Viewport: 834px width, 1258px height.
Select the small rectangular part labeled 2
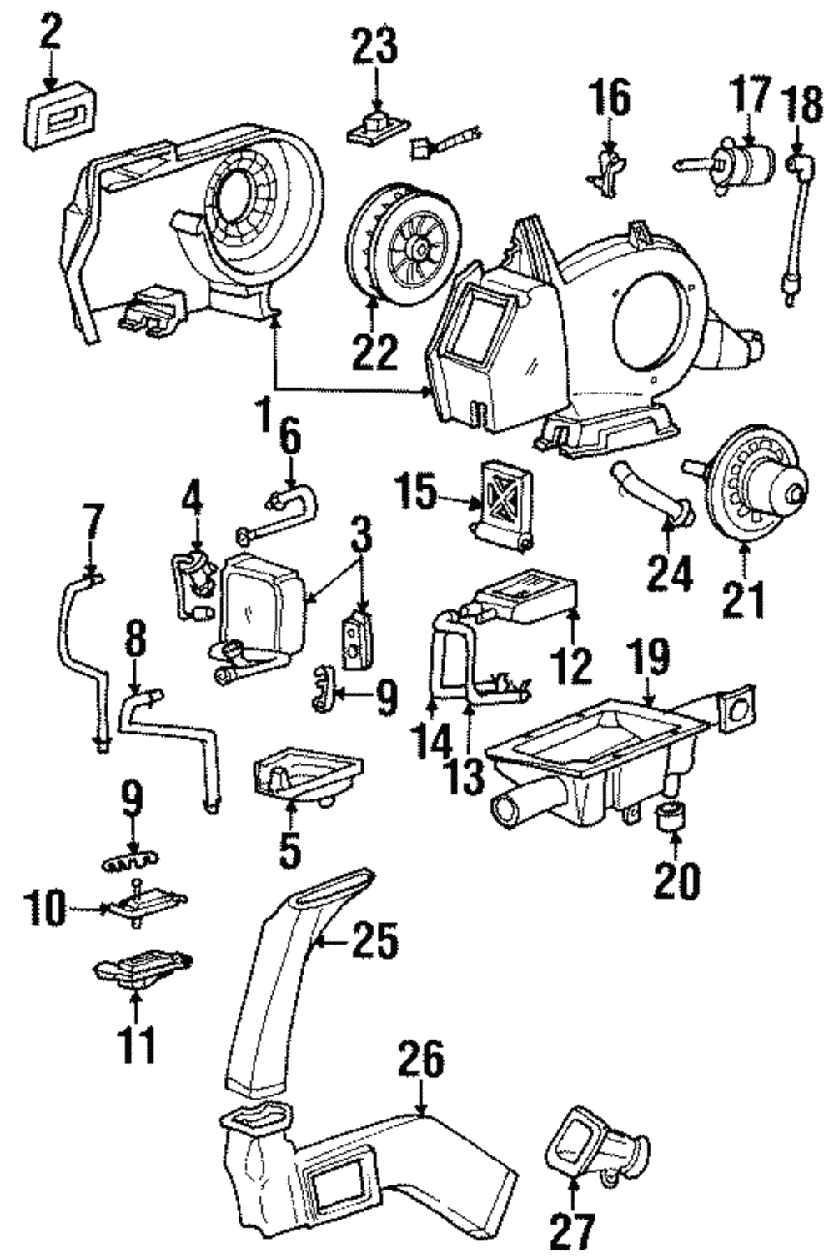click(x=62, y=122)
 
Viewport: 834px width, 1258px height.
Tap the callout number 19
click(x=650, y=658)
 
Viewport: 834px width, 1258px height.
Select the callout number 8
click(x=135, y=640)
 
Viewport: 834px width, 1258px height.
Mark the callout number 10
click(x=45, y=908)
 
